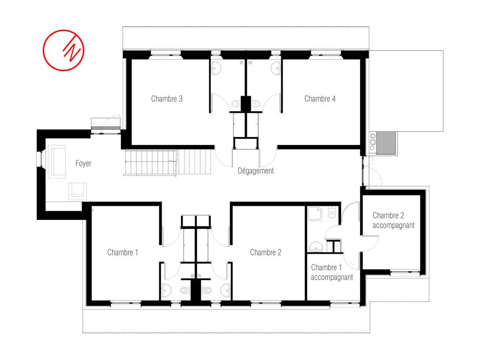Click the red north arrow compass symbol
pyautogui.click(x=63, y=50)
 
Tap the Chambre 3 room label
pyautogui.click(x=167, y=99)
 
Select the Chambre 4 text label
pyautogui.click(x=320, y=99)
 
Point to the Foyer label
pyautogui.click(x=83, y=164)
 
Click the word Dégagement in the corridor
pyautogui.click(x=255, y=171)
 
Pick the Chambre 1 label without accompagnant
pyautogui.click(x=122, y=253)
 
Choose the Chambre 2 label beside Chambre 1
pyautogui.click(x=266, y=253)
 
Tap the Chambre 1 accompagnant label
pyautogui.click(x=332, y=272)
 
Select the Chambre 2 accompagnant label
pyautogui.click(x=393, y=220)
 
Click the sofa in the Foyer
pyautogui.click(x=57, y=162)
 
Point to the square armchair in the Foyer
pyautogui.click(x=77, y=191)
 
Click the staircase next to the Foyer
pyautogui.click(x=167, y=162)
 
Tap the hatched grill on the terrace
pyautogui.click(x=386, y=143)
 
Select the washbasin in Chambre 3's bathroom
pyautogui.click(x=216, y=68)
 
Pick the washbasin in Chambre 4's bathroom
pyautogui.click(x=276, y=68)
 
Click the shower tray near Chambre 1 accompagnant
pyautogui.click(x=315, y=214)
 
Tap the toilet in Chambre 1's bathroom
pyautogui.click(x=185, y=290)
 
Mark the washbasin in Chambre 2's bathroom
pyautogui.click(x=226, y=290)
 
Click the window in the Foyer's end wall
pyautogui.click(x=39, y=159)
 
